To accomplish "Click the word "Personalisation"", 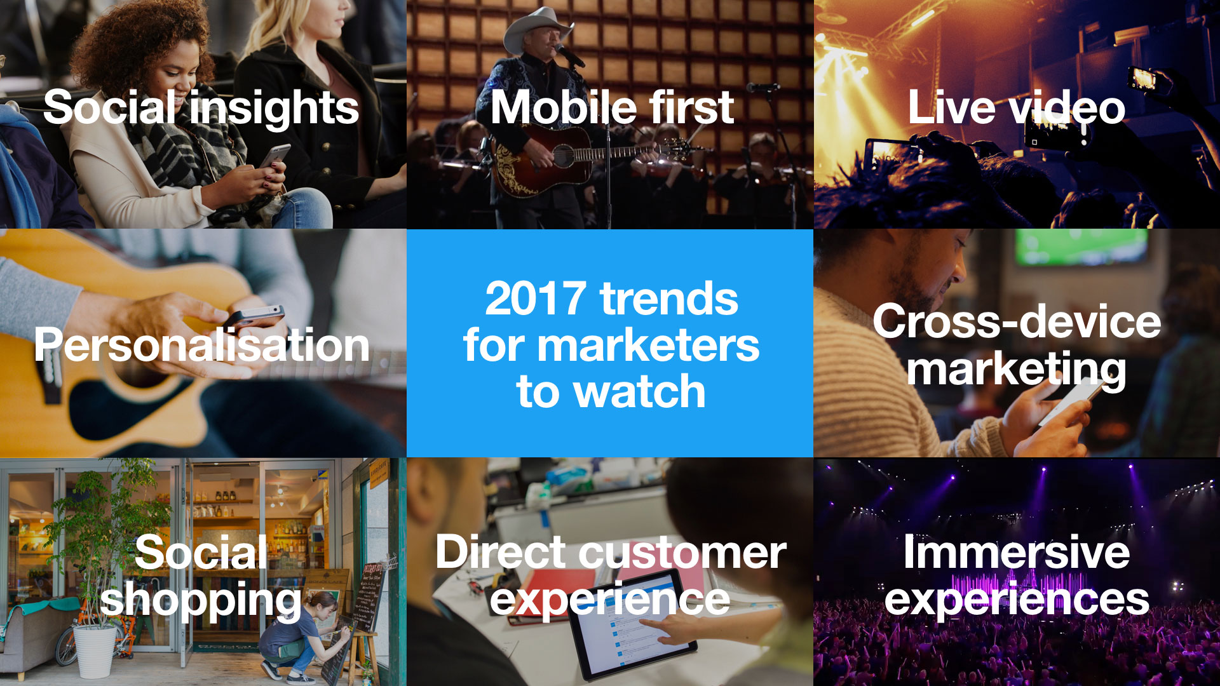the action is [x=202, y=346].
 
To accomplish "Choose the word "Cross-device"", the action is [x=1017, y=321].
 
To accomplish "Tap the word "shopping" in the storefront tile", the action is [x=201, y=601].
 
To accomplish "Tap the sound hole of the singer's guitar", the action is [x=563, y=154].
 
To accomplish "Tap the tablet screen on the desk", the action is [x=642, y=619].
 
